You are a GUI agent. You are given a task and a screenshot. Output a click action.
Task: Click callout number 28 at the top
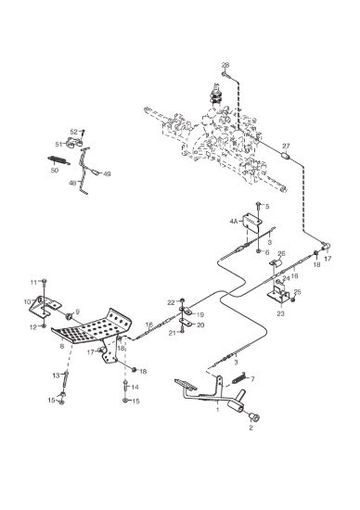(x=225, y=65)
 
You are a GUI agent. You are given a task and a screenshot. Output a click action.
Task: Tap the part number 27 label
(x=286, y=147)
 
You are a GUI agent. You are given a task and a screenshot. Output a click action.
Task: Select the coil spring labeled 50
(x=58, y=160)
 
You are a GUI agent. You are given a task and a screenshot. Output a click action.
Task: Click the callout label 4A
(x=234, y=222)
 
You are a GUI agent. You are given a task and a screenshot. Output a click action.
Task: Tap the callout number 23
(x=280, y=313)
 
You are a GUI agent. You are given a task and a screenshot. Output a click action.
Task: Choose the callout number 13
(x=56, y=376)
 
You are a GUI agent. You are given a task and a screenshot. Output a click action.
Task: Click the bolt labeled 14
(x=125, y=386)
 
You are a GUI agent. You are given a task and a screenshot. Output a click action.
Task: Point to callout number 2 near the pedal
(x=251, y=428)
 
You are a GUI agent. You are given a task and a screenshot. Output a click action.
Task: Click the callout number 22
(x=172, y=302)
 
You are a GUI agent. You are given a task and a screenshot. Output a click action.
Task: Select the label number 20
(x=200, y=325)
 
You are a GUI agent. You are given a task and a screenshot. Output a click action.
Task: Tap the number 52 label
(x=74, y=132)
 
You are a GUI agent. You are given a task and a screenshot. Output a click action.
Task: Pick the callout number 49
(x=107, y=174)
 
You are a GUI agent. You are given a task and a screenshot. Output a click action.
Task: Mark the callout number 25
(x=297, y=292)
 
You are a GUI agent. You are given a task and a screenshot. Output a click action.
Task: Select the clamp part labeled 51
(x=74, y=143)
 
